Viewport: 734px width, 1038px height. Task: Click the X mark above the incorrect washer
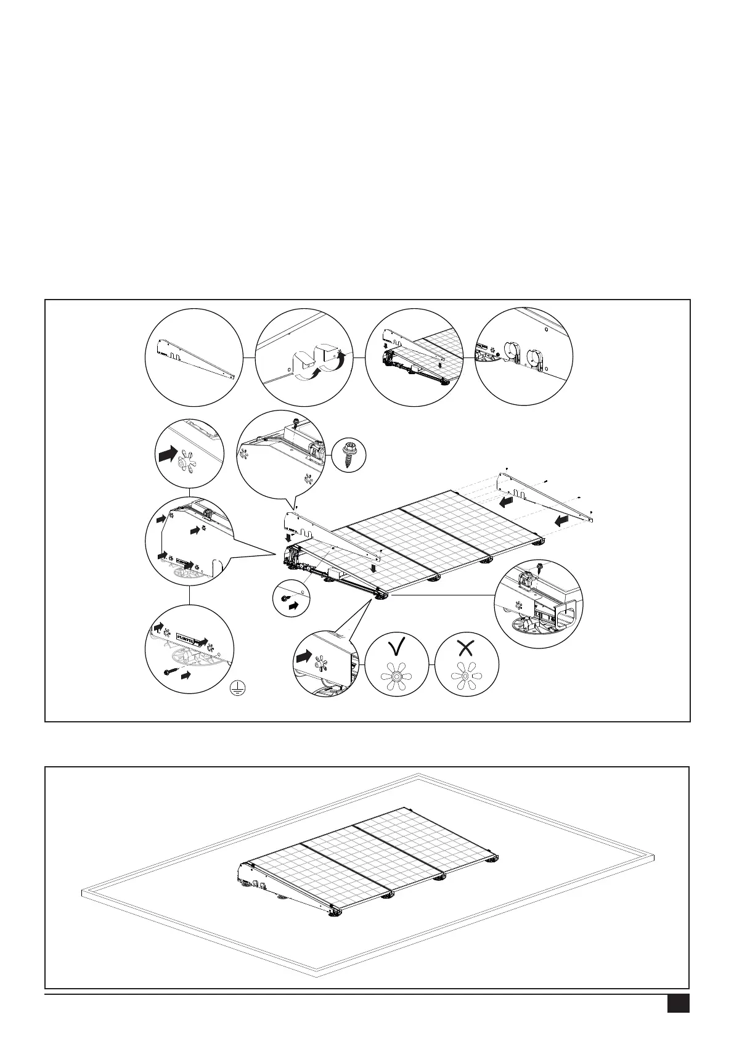tap(467, 647)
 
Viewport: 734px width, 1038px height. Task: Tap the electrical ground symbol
tap(236, 690)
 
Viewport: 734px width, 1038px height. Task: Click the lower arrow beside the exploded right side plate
tap(561, 521)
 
